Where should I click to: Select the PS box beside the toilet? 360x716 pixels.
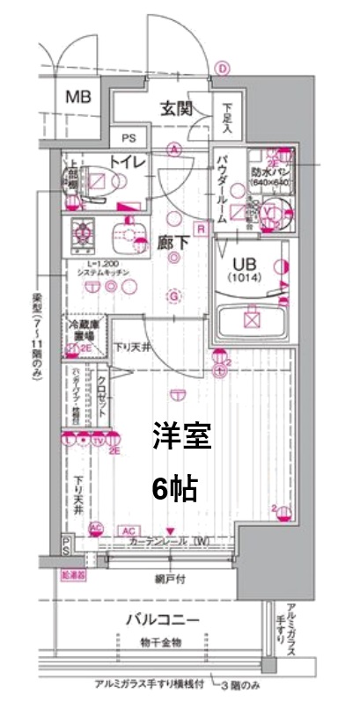129,137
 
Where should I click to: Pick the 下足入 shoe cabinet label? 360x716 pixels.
227,117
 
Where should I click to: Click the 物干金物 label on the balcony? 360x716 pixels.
160,642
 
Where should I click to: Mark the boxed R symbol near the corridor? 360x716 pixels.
202,230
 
